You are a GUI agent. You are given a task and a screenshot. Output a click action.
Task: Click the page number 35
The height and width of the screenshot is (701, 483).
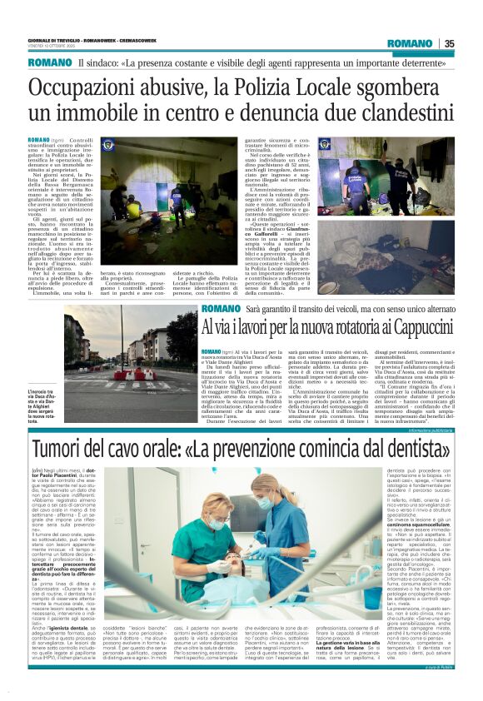pyautogui.click(x=449, y=43)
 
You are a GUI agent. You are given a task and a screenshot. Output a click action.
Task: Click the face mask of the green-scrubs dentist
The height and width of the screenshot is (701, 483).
pyautogui.click(x=215, y=525)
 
